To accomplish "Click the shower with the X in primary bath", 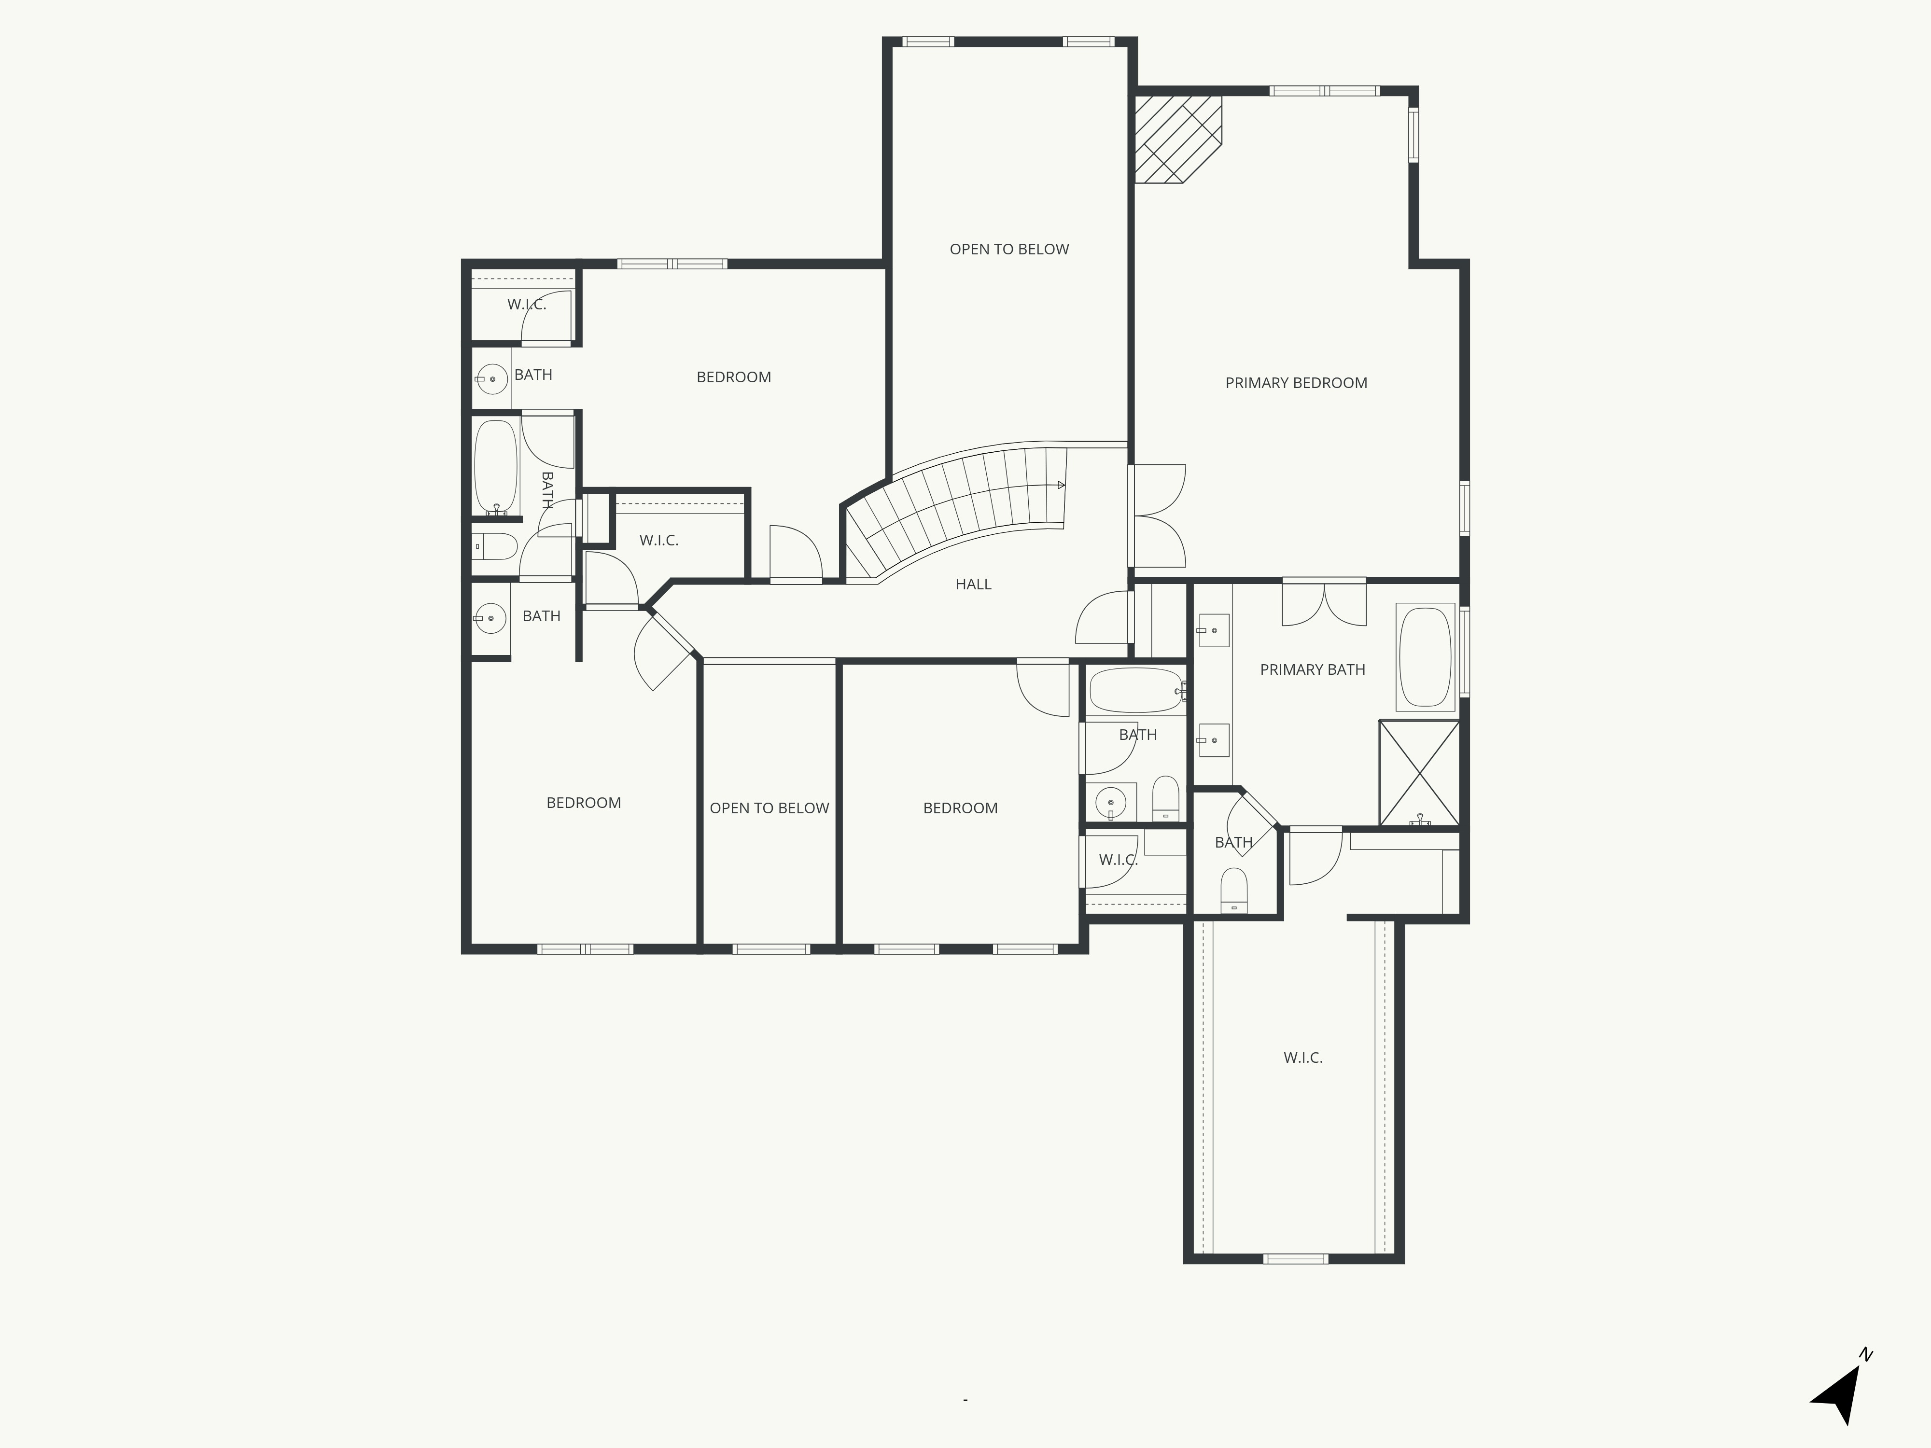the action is click(x=1419, y=772).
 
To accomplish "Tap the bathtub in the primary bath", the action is click(x=1425, y=656).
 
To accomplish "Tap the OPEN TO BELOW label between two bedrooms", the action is click(x=769, y=808).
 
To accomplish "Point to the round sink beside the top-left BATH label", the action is click(x=492, y=379).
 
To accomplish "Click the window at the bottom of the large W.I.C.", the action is click(x=1296, y=1259).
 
